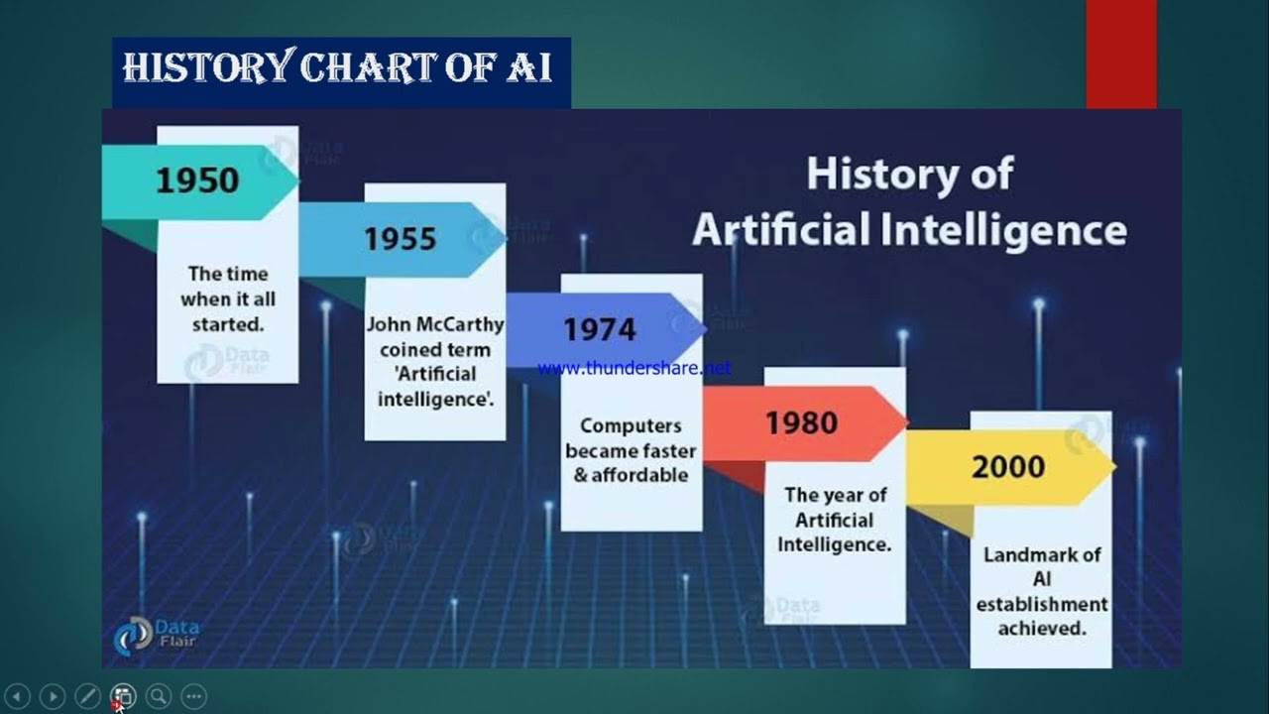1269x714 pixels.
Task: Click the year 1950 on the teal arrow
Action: (x=197, y=180)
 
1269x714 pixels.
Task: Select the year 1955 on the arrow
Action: (x=400, y=239)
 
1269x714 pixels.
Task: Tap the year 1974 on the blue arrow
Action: (x=600, y=329)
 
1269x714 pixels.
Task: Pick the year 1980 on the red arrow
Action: (x=801, y=423)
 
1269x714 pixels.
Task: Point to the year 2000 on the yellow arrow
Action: (x=1007, y=467)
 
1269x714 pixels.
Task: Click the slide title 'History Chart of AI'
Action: (x=337, y=68)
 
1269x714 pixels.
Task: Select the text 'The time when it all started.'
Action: (x=228, y=298)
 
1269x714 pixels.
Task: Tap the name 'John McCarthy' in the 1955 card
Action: (x=435, y=324)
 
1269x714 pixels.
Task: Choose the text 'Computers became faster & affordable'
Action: (x=631, y=450)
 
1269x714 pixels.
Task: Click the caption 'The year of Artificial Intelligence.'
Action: (x=835, y=519)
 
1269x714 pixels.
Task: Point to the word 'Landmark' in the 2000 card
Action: (x=1042, y=555)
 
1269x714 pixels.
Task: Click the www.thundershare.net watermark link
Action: (x=634, y=368)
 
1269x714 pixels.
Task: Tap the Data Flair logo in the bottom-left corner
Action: (x=156, y=634)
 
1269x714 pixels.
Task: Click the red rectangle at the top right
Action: (x=1121, y=53)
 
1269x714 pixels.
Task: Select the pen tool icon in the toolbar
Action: (x=87, y=696)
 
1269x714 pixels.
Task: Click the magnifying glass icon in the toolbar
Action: (x=159, y=696)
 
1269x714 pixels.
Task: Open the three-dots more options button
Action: (x=194, y=696)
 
